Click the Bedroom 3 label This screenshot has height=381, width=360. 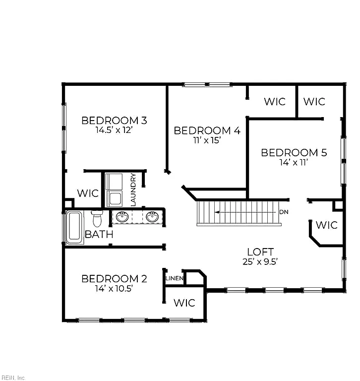point(114,121)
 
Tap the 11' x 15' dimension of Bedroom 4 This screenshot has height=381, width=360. point(207,140)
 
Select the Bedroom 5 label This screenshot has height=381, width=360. point(294,153)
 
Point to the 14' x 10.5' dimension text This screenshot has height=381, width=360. point(114,288)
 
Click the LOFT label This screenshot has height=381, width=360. point(260,252)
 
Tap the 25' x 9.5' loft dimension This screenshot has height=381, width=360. point(260,262)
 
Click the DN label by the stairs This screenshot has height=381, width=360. point(284,212)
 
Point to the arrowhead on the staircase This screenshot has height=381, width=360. point(217,212)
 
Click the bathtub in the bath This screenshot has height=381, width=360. point(74,227)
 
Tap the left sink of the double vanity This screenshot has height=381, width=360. point(122,217)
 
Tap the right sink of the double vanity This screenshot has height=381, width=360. point(152,217)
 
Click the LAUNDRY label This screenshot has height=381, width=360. point(133,190)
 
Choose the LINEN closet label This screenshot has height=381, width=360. point(174,278)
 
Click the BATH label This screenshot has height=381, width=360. point(99,235)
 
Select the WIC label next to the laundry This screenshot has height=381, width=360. point(88,193)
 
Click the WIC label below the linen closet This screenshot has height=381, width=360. point(184,303)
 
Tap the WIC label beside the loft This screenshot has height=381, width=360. point(326,225)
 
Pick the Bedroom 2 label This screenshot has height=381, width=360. point(114,279)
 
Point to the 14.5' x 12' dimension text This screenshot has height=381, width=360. point(114,130)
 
